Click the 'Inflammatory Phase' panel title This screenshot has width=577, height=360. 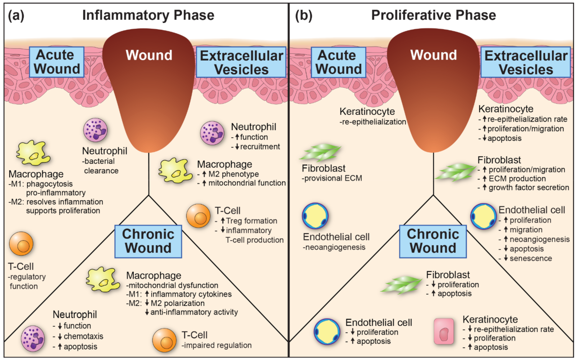(x=148, y=15)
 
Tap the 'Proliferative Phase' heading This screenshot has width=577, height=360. (x=433, y=15)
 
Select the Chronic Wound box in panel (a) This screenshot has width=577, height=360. (x=148, y=241)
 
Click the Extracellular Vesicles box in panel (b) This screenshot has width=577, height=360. (x=526, y=62)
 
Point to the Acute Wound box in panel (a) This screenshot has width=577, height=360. (x=57, y=62)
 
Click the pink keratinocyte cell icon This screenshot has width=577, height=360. (x=444, y=331)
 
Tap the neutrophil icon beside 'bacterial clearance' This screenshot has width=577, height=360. (x=95, y=130)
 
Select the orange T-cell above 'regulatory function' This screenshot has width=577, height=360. (x=21, y=244)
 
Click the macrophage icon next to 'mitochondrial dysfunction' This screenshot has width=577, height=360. (x=103, y=280)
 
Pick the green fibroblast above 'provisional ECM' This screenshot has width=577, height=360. (x=320, y=152)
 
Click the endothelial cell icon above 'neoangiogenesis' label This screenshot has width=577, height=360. (x=315, y=216)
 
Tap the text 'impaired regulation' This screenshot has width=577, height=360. (x=216, y=345)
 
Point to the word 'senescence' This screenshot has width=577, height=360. (x=531, y=258)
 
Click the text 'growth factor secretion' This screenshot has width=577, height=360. (x=529, y=188)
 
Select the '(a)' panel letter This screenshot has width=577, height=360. (x=16, y=16)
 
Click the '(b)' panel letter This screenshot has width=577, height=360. (x=303, y=16)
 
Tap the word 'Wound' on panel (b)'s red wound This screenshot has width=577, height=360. (x=433, y=55)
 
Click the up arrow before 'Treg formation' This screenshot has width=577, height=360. (x=223, y=221)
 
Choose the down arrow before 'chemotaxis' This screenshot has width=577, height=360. (x=60, y=336)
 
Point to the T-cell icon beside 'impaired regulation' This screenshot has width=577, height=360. (x=164, y=340)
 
